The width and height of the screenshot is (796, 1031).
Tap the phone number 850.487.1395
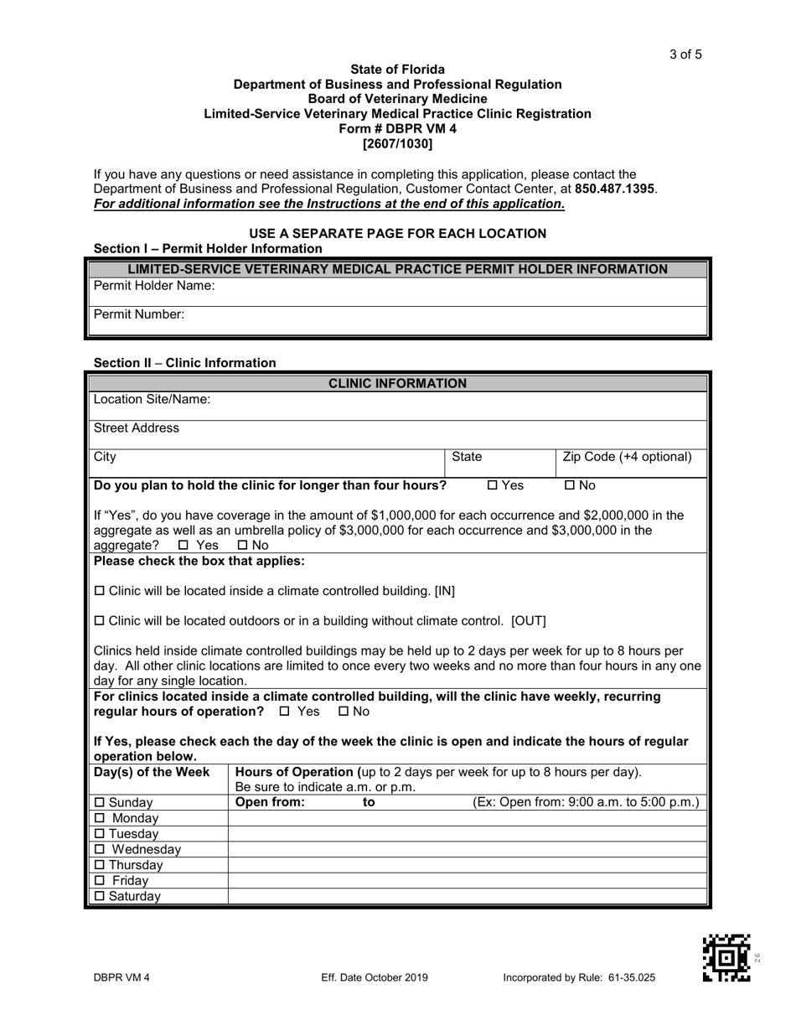[615, 189]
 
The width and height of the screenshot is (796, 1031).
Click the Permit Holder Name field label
[154, 286]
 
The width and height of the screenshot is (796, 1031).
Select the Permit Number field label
[139, 315]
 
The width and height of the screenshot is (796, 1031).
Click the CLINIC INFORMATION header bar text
[397, 383]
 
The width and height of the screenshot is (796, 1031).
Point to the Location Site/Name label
[152, 399]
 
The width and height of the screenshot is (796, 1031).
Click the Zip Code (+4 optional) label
[627, 457]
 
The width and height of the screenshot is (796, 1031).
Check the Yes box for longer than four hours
[493, 485]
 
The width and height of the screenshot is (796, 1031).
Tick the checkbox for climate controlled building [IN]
[100, 592]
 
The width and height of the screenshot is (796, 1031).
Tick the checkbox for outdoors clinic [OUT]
[100, 622]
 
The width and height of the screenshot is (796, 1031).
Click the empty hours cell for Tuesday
[468, 834]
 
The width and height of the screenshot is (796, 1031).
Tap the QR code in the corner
[726, 958]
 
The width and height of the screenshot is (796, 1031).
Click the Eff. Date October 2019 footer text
[375, 977]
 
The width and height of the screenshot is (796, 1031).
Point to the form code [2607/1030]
[397, 143]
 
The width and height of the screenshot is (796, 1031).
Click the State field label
[467, 457]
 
